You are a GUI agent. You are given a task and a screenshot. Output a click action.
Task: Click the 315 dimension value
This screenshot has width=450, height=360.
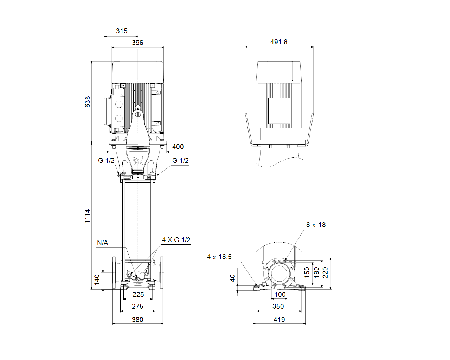tap(122, 31)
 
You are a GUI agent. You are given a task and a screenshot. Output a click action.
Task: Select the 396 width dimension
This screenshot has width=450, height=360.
tap(137, 43)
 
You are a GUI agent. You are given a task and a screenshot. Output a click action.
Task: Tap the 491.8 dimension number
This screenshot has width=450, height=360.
tap(279, 42)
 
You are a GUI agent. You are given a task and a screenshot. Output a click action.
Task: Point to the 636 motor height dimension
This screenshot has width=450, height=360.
tap(87, 102)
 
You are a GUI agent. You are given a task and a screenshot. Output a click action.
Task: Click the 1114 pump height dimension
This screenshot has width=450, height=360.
tap(87, 216)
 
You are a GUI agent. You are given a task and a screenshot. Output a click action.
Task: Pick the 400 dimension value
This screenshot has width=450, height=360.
tap(178, 147)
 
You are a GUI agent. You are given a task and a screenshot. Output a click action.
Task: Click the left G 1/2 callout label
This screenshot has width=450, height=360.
tap(106, 160)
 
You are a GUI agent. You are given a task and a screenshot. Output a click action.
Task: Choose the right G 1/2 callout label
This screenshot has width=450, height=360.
tap(180, 160)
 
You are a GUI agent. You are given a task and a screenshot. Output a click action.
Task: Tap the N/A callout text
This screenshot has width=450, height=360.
tap(102, 243)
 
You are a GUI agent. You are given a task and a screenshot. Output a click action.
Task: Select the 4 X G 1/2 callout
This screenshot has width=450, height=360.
tap(176, 240)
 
